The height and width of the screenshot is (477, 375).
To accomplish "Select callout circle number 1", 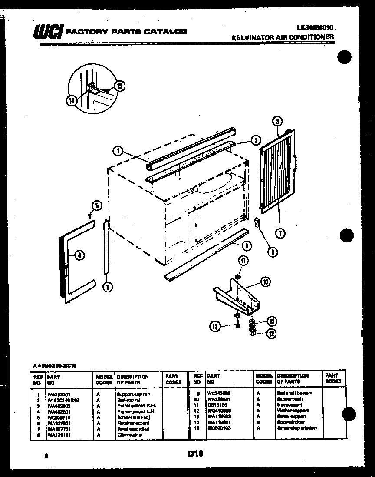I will tap(117, 151).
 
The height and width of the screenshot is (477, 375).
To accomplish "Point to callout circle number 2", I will tap(256, 140).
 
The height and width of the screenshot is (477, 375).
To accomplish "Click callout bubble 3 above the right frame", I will tap(279, 110).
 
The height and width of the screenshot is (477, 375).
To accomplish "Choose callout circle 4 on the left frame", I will tap(79, 255).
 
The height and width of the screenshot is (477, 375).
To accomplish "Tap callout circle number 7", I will tap(280, 233).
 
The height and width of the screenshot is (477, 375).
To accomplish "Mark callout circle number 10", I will tap(264, 282).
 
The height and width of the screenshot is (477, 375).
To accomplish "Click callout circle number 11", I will tap(243, 261).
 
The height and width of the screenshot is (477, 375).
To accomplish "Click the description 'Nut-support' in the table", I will tap(290, 405).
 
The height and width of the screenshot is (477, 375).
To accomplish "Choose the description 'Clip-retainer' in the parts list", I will tap(130, 434).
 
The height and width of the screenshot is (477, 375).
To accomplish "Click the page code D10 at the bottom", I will tap(195, 454).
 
